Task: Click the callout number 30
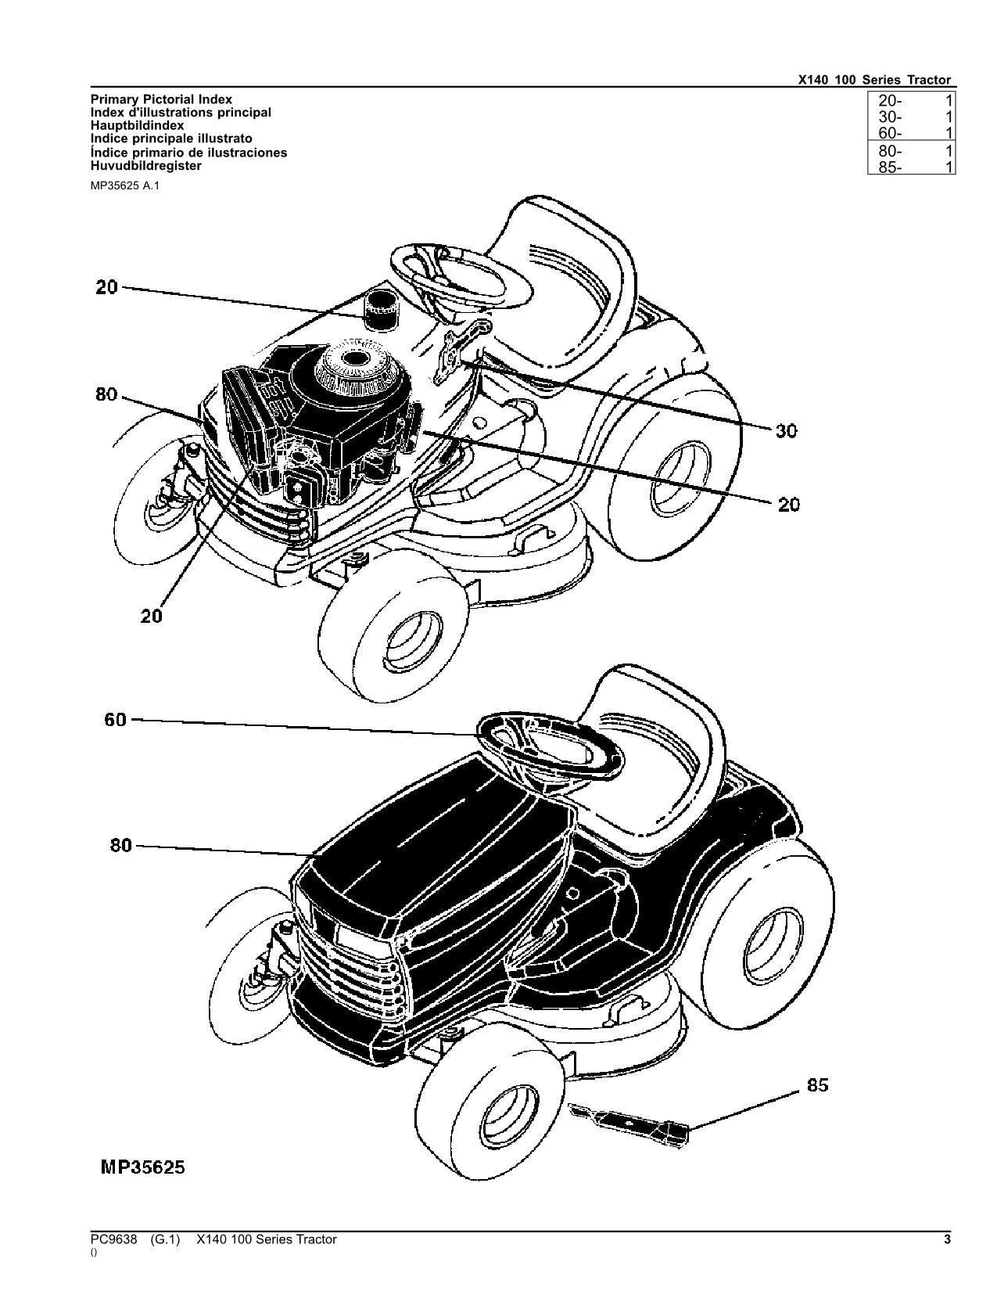tap(786, 430)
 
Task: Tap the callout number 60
tap(115, 719)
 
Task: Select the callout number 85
tap(817, 1085)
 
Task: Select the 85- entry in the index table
tap(890, 167)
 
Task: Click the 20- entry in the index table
tap(890, 100)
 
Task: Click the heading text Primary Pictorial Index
tap(161, 99)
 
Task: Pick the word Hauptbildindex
tap(138, 125)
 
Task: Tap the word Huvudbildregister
tap(146, 166)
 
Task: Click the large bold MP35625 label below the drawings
tap(143, 1167)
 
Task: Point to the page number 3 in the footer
tap(947, 1239)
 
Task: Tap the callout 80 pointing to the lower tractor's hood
tap(120, 845)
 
